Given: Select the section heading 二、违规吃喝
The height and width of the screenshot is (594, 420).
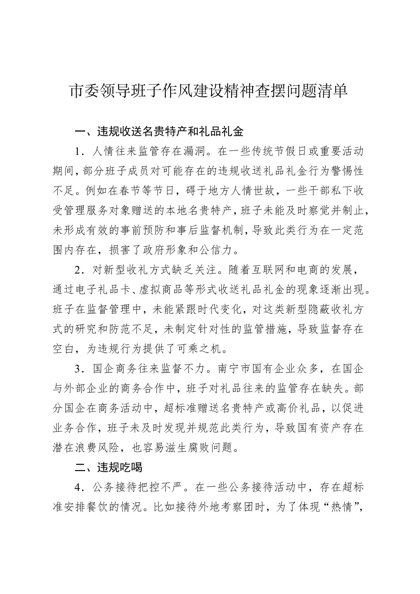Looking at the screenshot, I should click(109, 467).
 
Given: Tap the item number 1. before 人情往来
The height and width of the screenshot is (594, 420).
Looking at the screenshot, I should click(79, 152).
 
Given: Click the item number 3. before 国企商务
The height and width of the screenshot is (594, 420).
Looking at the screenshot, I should click(79, 369).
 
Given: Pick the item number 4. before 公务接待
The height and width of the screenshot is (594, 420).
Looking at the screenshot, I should click(79, 487).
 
